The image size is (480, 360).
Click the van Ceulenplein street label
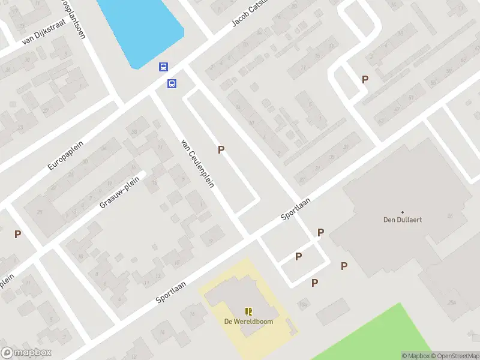click(197, 164)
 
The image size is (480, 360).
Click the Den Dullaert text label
click(402, 220)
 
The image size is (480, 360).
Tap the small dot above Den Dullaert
click(402, 212)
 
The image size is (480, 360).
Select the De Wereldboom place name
click(248, 321)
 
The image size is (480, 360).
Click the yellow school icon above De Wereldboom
click(248, 311)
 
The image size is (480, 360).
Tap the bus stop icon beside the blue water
click(163, 67)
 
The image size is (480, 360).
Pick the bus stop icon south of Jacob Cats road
click(172, 83)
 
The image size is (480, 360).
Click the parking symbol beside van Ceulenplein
click(221, 150)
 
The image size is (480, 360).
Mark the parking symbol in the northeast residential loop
click(365, 79)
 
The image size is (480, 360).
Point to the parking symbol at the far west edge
click(18, 234)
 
